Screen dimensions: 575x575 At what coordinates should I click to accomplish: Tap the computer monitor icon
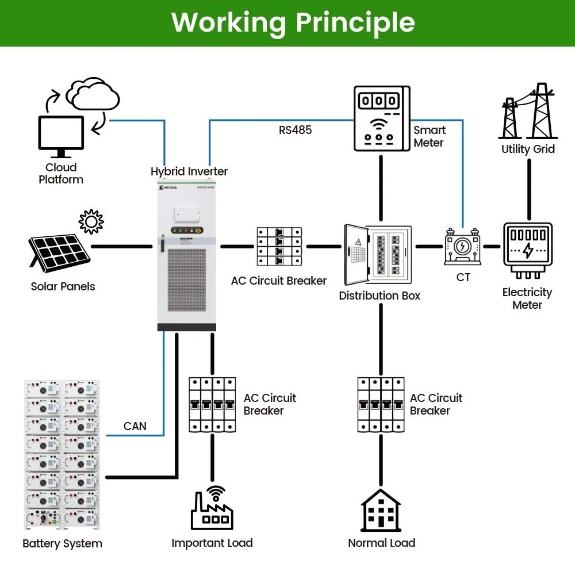point(60,136)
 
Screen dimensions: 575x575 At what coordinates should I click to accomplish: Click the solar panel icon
point(59,254)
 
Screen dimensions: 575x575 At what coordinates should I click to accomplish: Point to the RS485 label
point(295,130)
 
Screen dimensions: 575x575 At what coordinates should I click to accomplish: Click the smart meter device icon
point(381,118)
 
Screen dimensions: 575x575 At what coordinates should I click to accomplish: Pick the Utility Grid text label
point(528,149)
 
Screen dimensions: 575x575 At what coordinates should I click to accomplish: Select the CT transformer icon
point(462,247)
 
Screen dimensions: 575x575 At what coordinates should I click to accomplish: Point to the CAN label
point(135,426)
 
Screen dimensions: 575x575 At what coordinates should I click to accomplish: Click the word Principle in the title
point(355,22)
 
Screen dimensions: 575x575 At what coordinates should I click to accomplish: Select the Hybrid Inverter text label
point(189,171)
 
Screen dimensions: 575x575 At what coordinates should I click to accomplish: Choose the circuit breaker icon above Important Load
point(212,405)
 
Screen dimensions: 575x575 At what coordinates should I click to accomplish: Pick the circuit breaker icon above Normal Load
point(381,405)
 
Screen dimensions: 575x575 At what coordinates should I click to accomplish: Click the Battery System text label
point(62,543)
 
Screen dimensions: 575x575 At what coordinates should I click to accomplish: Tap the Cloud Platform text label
point(61,173)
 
